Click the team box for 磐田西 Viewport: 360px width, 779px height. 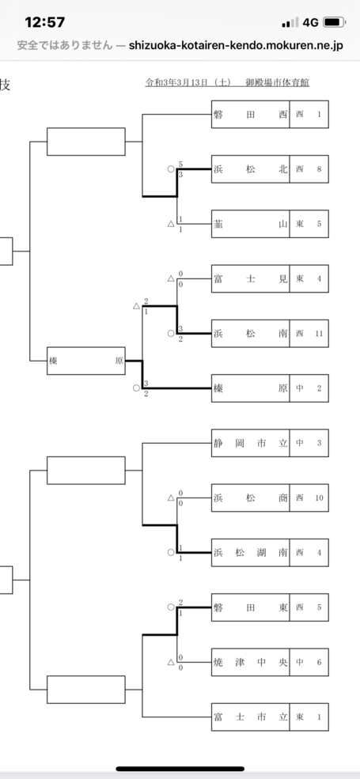tap(251, 114)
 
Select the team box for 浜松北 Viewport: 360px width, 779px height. tap(251, 169)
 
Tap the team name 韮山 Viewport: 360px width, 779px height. tap(251, 224)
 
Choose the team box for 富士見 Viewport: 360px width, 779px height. tap(251, 278)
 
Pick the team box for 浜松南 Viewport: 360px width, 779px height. tap(251, 334)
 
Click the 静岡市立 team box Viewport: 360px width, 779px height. tap(251, 443)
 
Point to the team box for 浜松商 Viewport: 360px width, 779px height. tap(251, 497)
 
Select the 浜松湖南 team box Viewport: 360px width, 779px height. tap(251, 553)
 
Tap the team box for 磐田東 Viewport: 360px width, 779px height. tap(251, 607)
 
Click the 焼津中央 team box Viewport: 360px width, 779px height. tap(251, 662)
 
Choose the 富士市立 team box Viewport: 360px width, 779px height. tap(251, 717)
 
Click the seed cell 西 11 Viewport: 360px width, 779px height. tap(309, 334)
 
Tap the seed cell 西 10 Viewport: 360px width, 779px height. tap(309, 497)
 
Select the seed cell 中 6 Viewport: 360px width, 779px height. tap(309, 662)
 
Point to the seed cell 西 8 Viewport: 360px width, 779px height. tap(309, 169)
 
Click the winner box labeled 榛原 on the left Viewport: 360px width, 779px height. tap(86, 361)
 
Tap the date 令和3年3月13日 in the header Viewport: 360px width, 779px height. tap(188, 82)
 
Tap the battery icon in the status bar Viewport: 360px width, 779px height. tap(334, 22)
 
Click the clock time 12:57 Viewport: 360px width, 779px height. tap(45, 22)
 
